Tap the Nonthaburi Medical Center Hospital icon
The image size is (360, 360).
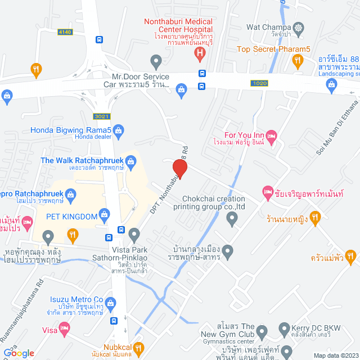199,54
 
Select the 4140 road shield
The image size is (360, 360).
65,32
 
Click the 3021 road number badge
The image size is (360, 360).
102,116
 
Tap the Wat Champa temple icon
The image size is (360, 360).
298,27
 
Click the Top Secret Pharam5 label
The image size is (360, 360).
273,49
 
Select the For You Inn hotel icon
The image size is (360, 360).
271,136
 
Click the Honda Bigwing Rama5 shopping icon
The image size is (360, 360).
119,132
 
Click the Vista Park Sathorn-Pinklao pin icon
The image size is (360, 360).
134,234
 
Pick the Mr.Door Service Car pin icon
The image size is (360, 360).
156,61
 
